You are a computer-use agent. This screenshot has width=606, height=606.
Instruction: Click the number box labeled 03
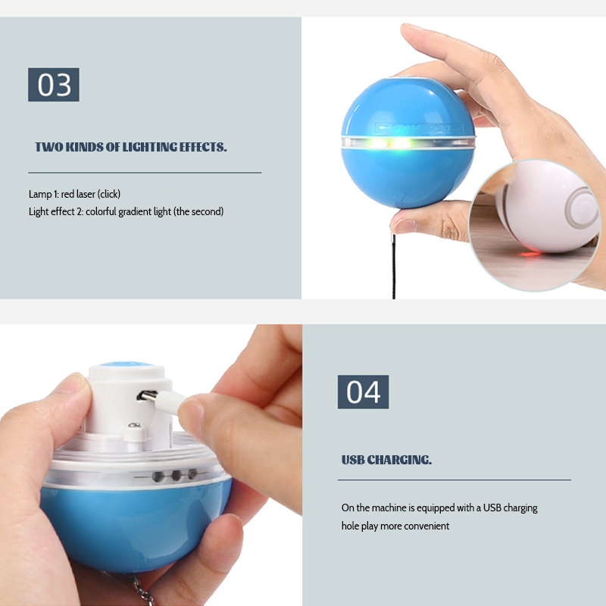coord(54,85)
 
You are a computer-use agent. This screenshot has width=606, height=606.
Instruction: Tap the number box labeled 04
coord(364,392)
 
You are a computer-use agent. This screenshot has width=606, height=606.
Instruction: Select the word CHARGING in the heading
coord(399,460)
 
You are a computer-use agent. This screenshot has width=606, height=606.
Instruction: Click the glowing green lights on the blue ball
coord(389,143)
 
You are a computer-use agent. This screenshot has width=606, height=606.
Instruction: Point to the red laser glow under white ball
coord(529,254)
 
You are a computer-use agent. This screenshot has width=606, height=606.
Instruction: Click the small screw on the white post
coord(134,426)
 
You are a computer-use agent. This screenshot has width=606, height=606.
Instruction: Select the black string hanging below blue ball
coord(394,266)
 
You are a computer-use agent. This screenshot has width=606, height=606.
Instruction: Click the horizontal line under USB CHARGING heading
coord(454,480)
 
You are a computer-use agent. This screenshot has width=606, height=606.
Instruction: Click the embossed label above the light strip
coord(420,127)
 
